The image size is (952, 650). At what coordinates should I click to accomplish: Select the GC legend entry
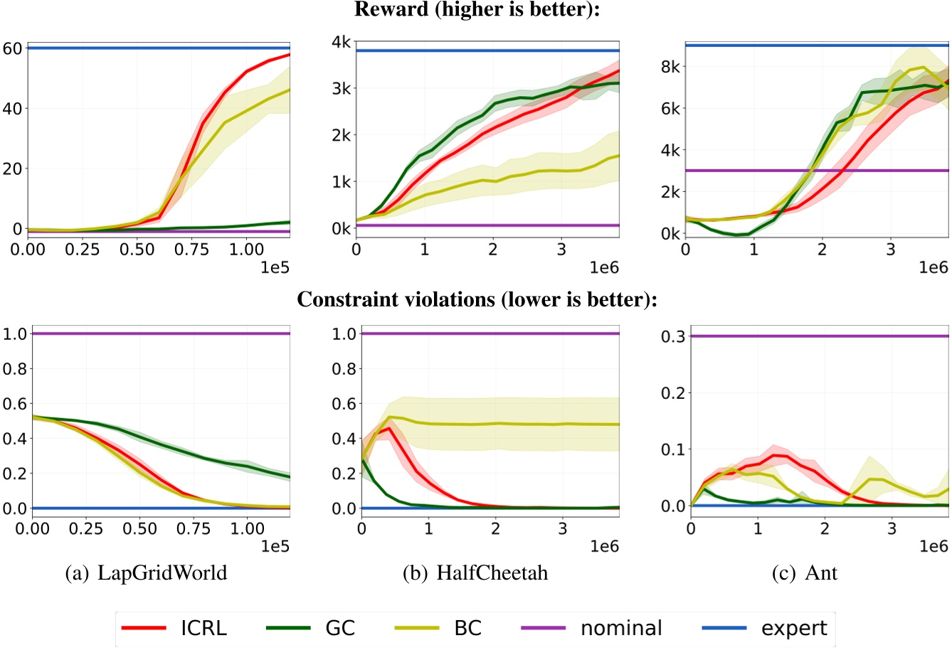(310, 629)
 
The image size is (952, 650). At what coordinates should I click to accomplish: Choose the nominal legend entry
(591, 629)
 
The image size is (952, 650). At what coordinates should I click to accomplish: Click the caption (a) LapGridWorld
(146, 572)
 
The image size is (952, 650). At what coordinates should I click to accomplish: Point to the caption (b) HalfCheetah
(476, 572)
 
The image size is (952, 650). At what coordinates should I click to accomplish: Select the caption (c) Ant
(805, 572)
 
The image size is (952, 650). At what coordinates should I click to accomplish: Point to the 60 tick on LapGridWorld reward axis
(13, 48)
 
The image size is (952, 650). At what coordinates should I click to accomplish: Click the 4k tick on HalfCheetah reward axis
(340, 42)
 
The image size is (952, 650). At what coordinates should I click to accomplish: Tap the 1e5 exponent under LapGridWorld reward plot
(275, 267)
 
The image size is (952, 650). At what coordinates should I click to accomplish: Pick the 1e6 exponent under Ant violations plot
(934, 546)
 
